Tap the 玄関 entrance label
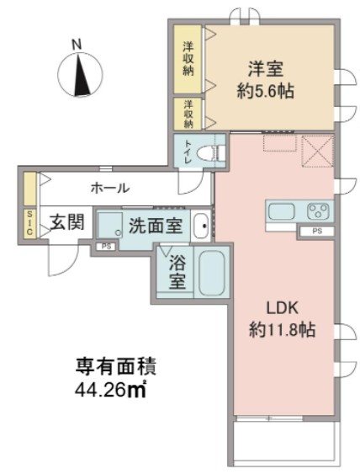(x=65, y=223)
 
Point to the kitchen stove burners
(x=318, y=210)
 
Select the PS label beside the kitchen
(x=317, y=230)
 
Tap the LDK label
(x=279, y=308)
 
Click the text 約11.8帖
(x=280, y=330)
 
